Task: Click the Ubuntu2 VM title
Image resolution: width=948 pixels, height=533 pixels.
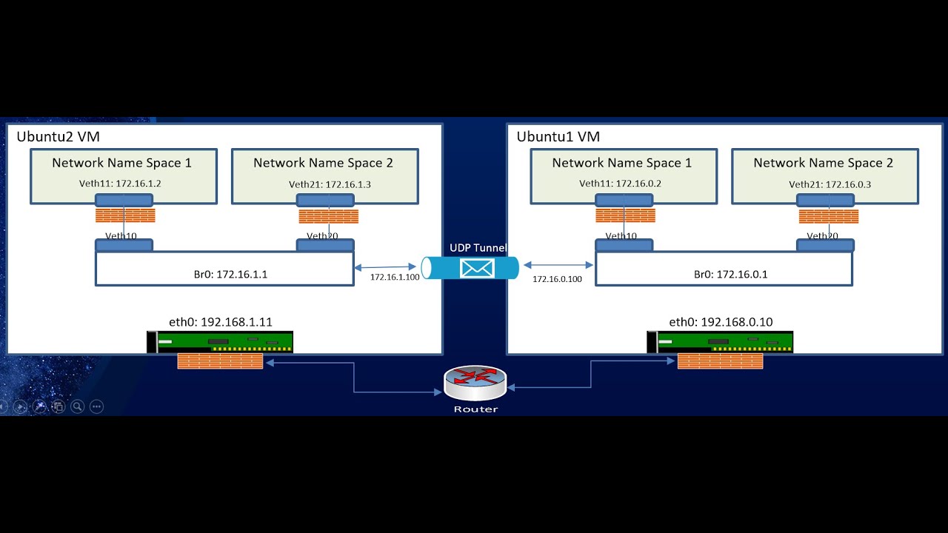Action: click(x=58, y=137)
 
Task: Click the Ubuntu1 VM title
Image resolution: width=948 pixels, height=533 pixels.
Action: click(x=558, y=137)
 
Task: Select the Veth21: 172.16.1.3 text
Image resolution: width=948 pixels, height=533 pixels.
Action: click(x=330, y=184)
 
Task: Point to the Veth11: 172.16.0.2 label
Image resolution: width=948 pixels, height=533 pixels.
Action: click(x=620, y=184)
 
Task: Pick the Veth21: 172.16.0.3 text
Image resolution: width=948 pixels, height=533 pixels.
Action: click(x=829, y=184)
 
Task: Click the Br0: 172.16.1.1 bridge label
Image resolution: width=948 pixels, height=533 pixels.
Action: click(x=230, y=274)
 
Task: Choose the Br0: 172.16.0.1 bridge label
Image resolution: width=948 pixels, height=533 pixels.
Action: click(x=730, y=274)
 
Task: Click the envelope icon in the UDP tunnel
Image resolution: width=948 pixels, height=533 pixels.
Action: click(x=476, y=268)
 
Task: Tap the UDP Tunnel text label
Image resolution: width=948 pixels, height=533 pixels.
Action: click(x=478, y=248)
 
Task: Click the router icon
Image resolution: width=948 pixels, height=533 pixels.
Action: click(x=475, y=384)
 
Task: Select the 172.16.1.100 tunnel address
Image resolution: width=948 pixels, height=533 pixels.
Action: click(x=395, y=277)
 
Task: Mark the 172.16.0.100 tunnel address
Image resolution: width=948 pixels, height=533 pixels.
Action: click(x=557, y=279)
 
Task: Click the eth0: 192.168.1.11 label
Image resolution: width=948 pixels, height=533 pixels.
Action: click(x=221, y=322)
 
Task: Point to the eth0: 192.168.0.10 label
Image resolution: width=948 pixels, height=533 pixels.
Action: click(x=721, y=322)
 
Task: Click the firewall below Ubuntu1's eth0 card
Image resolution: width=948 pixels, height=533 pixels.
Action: click(x=720, y=361)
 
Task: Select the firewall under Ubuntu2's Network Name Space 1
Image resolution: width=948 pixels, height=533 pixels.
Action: click(x=125, y=216)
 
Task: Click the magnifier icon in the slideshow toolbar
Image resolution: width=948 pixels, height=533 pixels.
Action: click(x=77, y=406)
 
